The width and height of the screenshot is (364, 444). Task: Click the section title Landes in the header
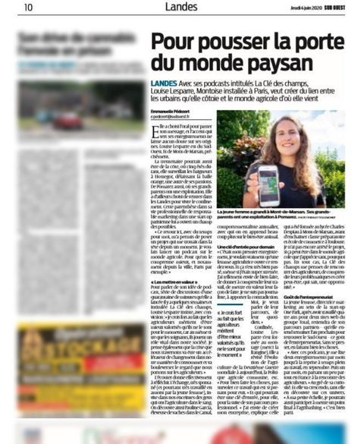(180, 8)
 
